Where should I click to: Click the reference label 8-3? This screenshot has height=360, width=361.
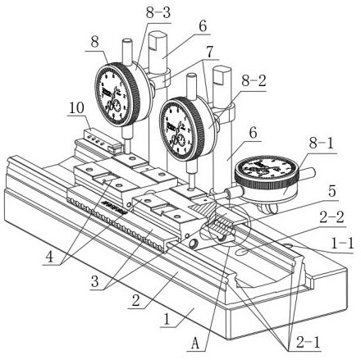[x=158, y=13]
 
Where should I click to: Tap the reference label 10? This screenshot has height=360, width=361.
[x=76, y=108]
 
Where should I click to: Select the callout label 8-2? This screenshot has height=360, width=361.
[x=254, y=81]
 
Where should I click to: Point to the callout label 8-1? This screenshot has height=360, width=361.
[x=322, y=143]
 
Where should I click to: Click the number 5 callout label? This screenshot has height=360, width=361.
[x=331, y=191]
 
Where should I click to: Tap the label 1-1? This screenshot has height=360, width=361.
[x=342, y=243]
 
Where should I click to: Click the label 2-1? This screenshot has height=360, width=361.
[x=308, y=342]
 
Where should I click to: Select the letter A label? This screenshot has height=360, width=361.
[x=195, y=343]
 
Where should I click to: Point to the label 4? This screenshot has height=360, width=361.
[x=49, y=257]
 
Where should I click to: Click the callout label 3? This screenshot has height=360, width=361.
[x=94, y=281]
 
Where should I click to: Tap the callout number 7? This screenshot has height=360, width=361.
[x=209, y=52]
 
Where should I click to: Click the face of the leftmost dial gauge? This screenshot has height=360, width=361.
[x=112, y=96]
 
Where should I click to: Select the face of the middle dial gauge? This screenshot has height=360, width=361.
[x=177, y=129]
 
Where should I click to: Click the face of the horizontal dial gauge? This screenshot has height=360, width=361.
[x=266, y=168]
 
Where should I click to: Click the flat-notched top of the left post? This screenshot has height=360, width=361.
[x=158, y=38]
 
